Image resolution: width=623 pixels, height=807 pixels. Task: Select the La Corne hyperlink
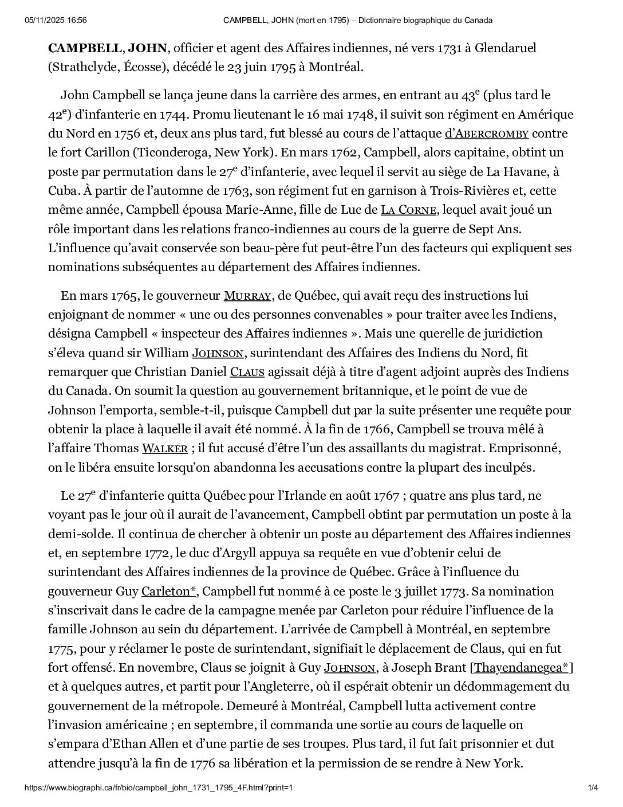(409, 210)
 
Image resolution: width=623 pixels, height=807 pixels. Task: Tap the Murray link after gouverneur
(247, 296)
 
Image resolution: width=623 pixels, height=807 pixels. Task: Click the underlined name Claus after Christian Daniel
(247, 372)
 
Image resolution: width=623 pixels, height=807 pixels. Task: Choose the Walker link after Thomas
(164, 448)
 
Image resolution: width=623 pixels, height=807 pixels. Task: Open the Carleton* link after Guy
(169, 591)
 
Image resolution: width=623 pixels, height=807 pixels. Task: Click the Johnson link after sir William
(218, 353)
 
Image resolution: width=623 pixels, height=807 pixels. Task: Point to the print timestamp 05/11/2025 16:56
(56, 21)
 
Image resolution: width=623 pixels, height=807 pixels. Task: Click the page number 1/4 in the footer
(593, 788)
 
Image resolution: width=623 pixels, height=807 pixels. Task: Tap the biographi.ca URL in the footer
(159, 788)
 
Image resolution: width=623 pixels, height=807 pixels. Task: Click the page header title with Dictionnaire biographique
(358, 21)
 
